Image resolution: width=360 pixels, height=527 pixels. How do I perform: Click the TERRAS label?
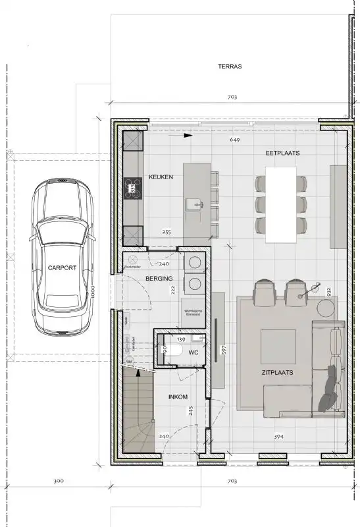click(230, 67)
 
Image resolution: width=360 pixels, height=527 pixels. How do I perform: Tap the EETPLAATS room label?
click(282, 153)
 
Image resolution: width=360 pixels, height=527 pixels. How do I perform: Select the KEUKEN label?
click(161, 177)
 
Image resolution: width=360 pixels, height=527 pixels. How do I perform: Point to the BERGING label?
click(159, 279)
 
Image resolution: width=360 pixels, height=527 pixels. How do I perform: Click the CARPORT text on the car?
click(63, 268)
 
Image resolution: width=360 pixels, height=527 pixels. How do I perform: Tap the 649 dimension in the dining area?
click(234, 140)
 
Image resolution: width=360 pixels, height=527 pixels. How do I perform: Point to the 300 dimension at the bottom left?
click(58, 482)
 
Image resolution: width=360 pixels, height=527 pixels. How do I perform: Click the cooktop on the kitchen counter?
click(132, 188)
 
